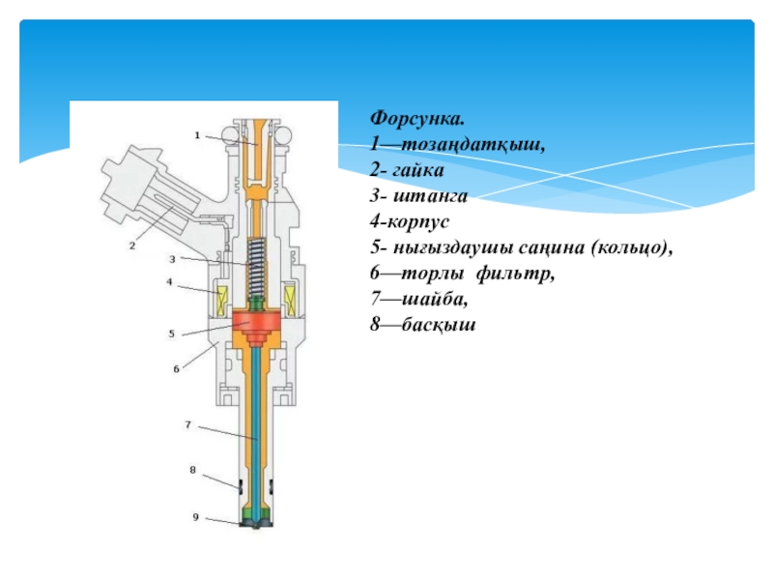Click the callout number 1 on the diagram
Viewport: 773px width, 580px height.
pyautogui.click(x=197, y=135)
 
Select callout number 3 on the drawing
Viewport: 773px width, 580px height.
pyautogui.click(x=172, y=259)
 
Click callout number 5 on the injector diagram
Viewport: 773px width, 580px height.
pyautogui.click(x=171, y=333)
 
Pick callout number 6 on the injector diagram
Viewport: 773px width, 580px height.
pyautogui.click(x=176, y=368)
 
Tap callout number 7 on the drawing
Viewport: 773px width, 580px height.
pyautogui.click(x=188, y=424)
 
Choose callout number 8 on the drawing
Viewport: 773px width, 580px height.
pyautogui.click(x=192, y=470)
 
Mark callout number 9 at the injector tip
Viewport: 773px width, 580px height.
pyautogui.click(x=194, y=517)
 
